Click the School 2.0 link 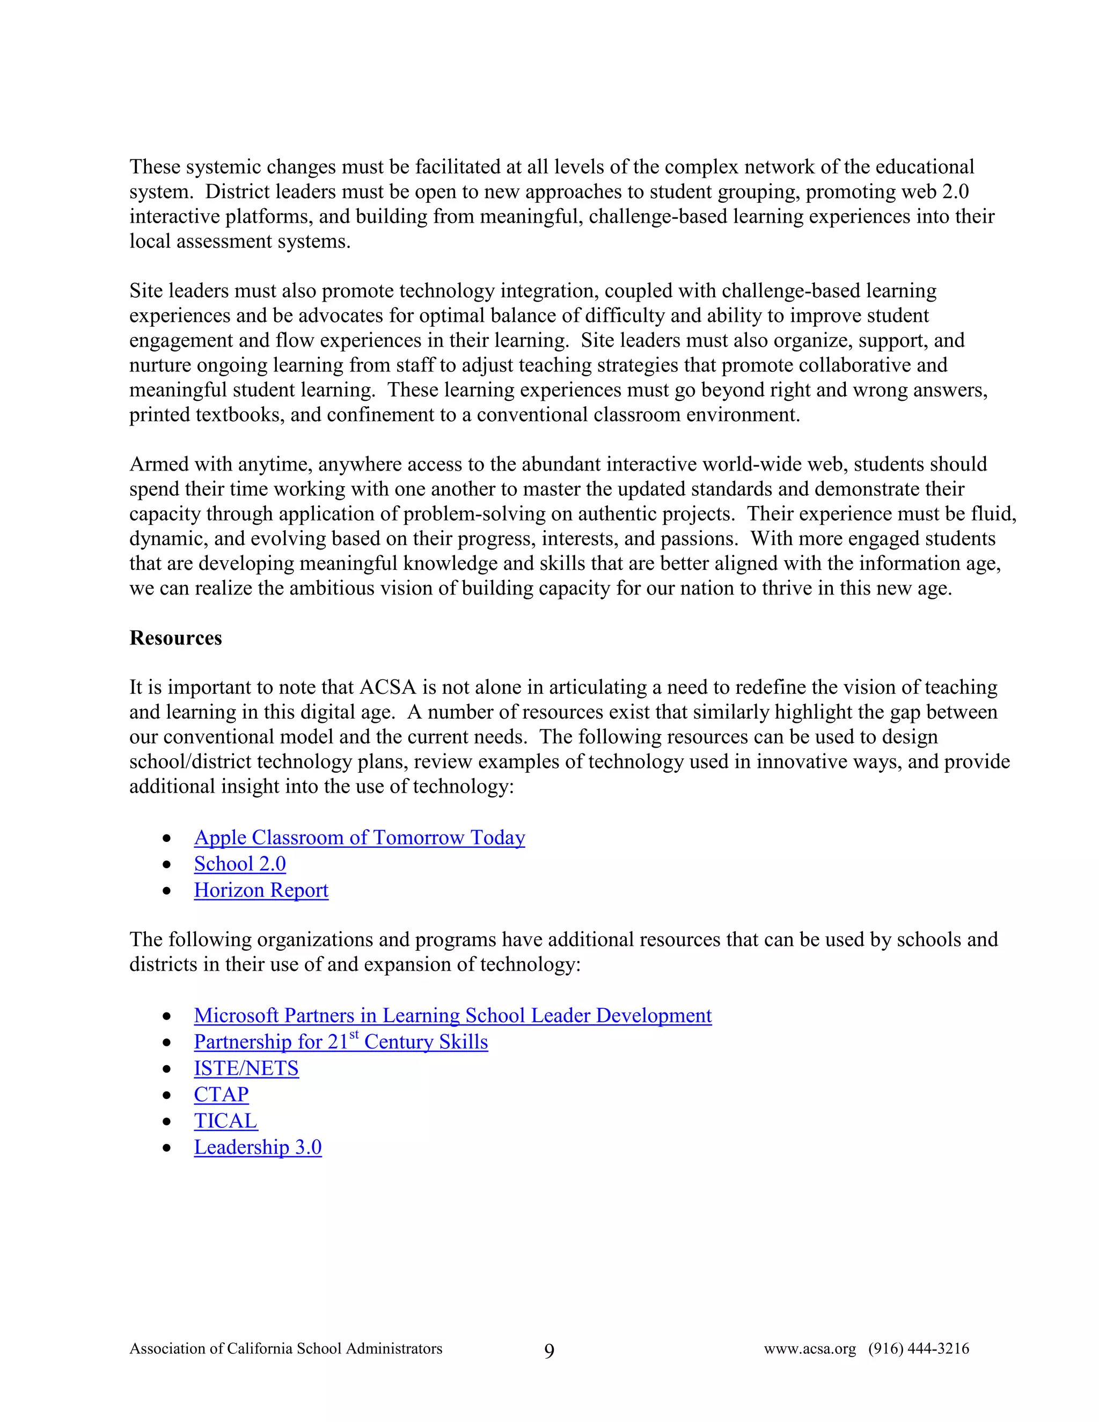(x=239, y=864)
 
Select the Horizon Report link (x=261, y=890)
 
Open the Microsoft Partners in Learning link (x=452, y=1016)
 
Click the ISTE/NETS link (x=246, y=1068)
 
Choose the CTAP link (x=222, y=1095)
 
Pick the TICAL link (x=225, y=1121)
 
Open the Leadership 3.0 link (x=258, y=1147)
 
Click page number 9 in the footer (x=549, y=1351)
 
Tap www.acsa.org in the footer (x=810, y=1348)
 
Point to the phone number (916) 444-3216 (x=919, y=1348)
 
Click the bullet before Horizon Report (x=167, y=891)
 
